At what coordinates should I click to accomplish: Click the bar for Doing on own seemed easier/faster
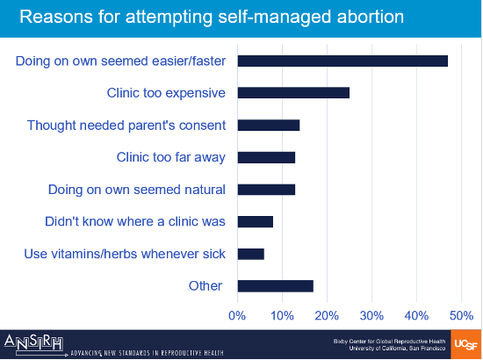coord(342,61)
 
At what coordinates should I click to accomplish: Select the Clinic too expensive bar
coord(293,92)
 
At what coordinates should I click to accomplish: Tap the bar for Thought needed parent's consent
coord(269,125)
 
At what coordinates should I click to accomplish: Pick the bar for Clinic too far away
coord(266,157)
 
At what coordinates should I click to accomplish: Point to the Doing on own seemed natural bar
coord(266,189)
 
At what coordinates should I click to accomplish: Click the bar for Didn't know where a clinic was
coord(256,221)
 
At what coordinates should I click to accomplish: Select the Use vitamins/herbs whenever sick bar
coord(251,254)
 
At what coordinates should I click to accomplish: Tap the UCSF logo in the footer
coord(465,344)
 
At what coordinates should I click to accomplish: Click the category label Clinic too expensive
coord(165,92)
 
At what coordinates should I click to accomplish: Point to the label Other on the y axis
coord(205,285)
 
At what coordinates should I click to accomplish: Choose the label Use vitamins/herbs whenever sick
coord(126,254)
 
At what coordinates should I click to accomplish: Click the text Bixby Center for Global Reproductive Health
coord(394,338)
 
